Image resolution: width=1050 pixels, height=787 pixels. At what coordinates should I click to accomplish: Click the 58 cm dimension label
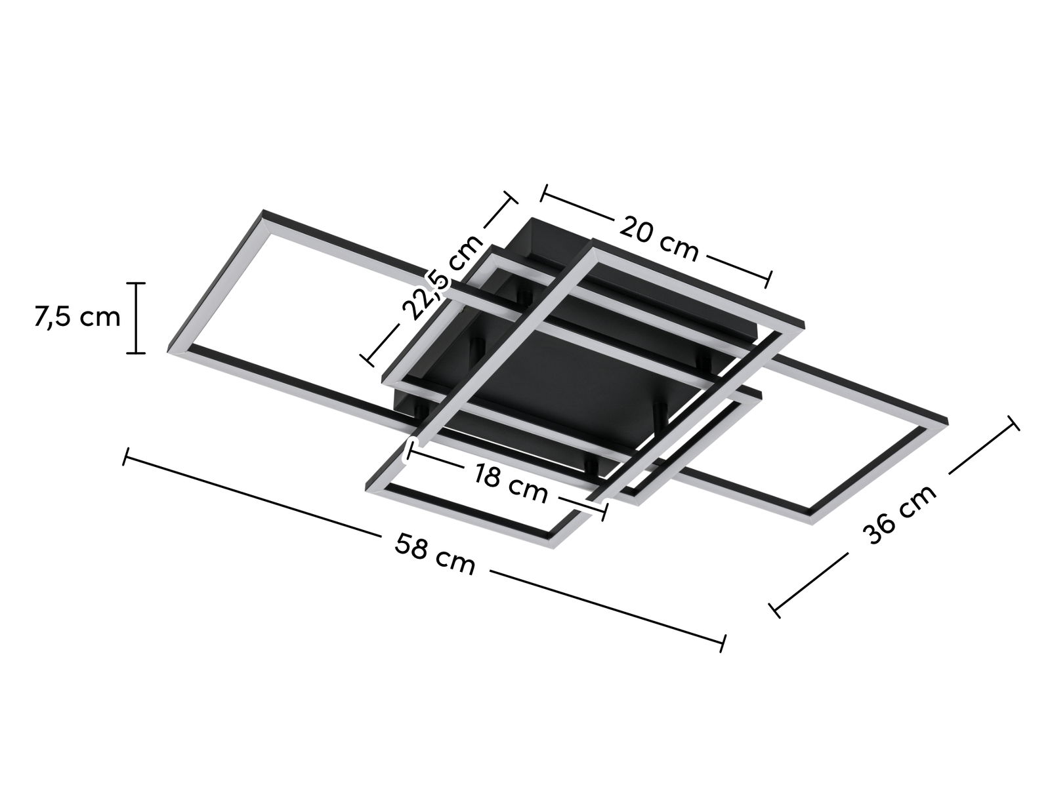(435, 554)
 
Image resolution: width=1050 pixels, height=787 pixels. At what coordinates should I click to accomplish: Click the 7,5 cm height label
(77, 317)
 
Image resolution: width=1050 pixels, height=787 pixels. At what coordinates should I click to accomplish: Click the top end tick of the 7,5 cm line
(136, 283)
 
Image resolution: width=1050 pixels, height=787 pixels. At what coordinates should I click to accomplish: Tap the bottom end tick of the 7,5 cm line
(136, 353)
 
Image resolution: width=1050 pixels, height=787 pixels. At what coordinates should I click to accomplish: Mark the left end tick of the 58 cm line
(125, 457)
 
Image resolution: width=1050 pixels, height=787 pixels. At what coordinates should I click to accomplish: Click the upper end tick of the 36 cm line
(1013, 423)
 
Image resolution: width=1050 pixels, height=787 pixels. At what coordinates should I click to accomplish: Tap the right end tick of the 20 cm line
(769, 279)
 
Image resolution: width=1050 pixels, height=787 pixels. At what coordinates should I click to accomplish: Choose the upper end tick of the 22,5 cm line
(511, 197)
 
